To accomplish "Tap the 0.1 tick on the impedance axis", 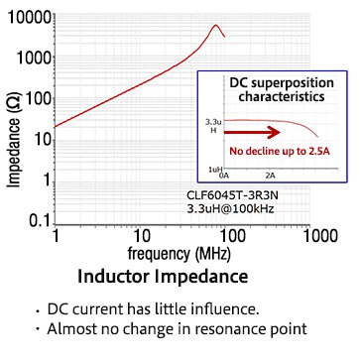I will pyautogui.click(x=40, y=219).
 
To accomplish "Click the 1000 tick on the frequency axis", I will pyautogui.click(x=317, y=237).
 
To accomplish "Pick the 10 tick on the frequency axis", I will pyautogui.click(x=142, y=237).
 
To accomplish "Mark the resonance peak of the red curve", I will pyautogui.click(x=216, y=25).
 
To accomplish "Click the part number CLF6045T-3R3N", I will pyautogui.click(x=230, y=195).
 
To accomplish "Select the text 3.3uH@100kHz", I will pyautogui.click(x=231, y=209).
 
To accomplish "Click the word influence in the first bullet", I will pyautogui.click(x=226, y=308).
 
